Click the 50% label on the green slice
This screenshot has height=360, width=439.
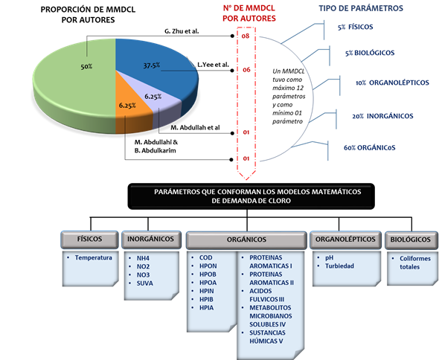pos(86,67)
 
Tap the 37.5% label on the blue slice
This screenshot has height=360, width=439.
pos(152,65)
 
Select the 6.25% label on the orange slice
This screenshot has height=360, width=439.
pos(127,106)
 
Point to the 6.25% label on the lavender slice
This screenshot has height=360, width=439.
pos(153,97)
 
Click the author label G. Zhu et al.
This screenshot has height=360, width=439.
pos(182,31)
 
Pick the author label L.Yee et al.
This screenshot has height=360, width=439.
pos(213,65)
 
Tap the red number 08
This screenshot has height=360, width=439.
pos(246,36)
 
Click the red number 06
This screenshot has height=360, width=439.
pos(246,70)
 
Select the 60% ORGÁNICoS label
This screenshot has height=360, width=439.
pos(370,147)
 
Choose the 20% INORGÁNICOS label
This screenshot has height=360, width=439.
pos(382,116)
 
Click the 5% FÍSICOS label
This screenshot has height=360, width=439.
pos(355,28)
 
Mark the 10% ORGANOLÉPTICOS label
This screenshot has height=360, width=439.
pos(392,83)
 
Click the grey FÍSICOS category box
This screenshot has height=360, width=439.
pos(89,240)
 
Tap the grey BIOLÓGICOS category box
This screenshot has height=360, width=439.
pos(411,240)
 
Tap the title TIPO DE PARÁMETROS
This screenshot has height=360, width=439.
pos(361,8)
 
